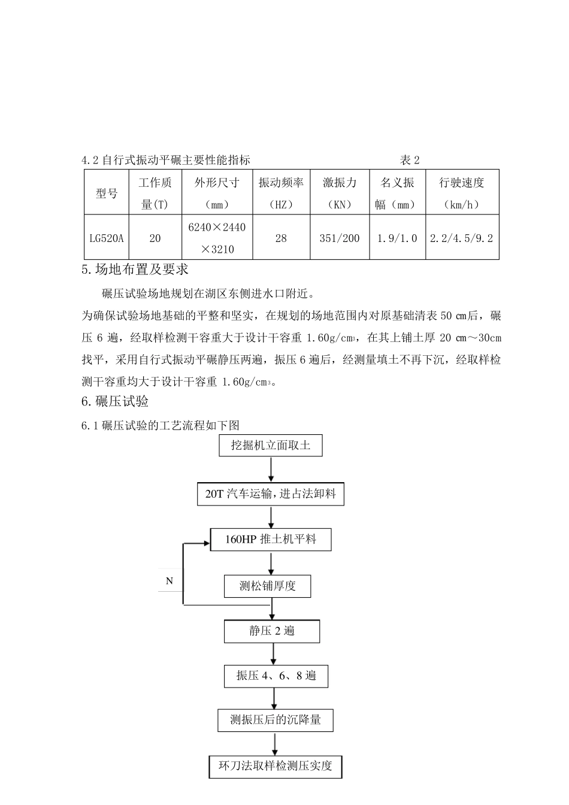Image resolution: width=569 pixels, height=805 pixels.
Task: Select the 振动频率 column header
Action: [x=281, y=193]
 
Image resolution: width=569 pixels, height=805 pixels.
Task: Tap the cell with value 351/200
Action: [x=340, y=238]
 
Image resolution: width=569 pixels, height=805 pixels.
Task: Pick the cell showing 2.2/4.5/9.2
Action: [x=462, y=238]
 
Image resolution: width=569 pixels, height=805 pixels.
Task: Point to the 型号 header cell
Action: [x=107, y=193]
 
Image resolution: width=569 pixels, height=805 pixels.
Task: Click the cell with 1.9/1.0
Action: [x=397, y=238]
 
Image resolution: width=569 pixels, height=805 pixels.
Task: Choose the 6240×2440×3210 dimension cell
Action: [x=217, y=238]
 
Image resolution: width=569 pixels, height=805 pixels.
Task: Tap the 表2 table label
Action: [x=410, y=160]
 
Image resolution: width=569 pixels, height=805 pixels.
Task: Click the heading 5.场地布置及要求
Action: [x=135, y=270]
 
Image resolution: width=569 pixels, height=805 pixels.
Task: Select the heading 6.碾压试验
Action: [x=115, y=401]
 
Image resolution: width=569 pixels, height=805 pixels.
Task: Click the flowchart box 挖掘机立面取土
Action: [x=271, y=446]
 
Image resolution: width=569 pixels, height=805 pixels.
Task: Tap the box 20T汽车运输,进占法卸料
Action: [x=271, y=494]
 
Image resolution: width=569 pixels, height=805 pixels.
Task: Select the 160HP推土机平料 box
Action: [x=271, y=539]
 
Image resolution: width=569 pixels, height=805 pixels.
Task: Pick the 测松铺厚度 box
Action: [x=268, y=586]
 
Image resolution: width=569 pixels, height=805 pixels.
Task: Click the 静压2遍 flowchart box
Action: [x=272, y=631]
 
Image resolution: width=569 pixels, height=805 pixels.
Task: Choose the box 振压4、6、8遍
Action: [x=276, y=676]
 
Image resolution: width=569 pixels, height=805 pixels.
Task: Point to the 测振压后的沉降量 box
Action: [x=276, y=720]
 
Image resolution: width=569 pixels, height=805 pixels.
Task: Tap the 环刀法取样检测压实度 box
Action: [x=276, y=765]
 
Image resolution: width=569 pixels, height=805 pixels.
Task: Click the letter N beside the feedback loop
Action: [x=170, y=580]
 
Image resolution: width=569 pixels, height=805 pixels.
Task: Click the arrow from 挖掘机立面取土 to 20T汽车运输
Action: [x=271, y=469]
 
